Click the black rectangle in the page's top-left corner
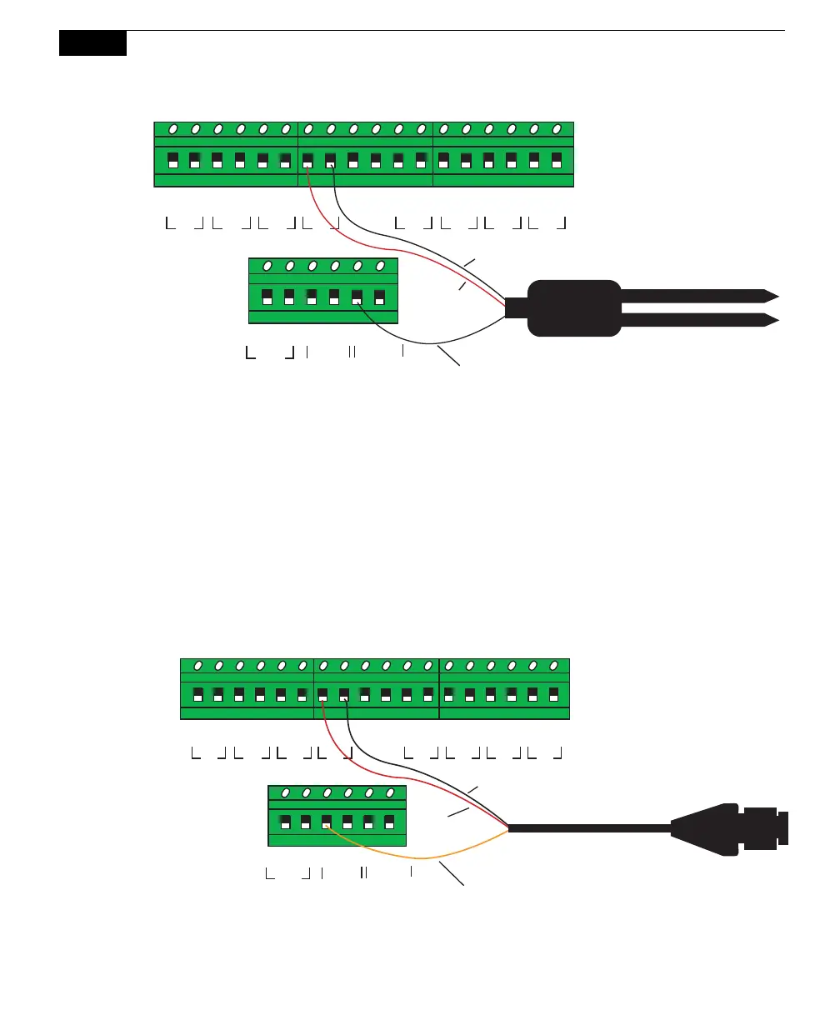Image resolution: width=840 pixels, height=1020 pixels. tap(92, 43)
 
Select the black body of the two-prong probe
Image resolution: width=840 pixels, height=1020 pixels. tap(575, 307)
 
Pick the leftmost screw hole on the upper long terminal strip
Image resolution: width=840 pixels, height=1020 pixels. tap(172, 129)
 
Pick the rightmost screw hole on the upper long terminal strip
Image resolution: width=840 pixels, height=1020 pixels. tap(557, 129)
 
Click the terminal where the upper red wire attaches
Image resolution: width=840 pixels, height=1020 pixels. tap(308, 160)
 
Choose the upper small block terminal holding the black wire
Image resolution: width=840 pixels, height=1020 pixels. tap(357, 297)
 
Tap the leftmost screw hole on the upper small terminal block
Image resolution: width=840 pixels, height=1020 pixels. tap(267, 267)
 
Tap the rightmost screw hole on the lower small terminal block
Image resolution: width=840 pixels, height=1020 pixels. tap(389, 792)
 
